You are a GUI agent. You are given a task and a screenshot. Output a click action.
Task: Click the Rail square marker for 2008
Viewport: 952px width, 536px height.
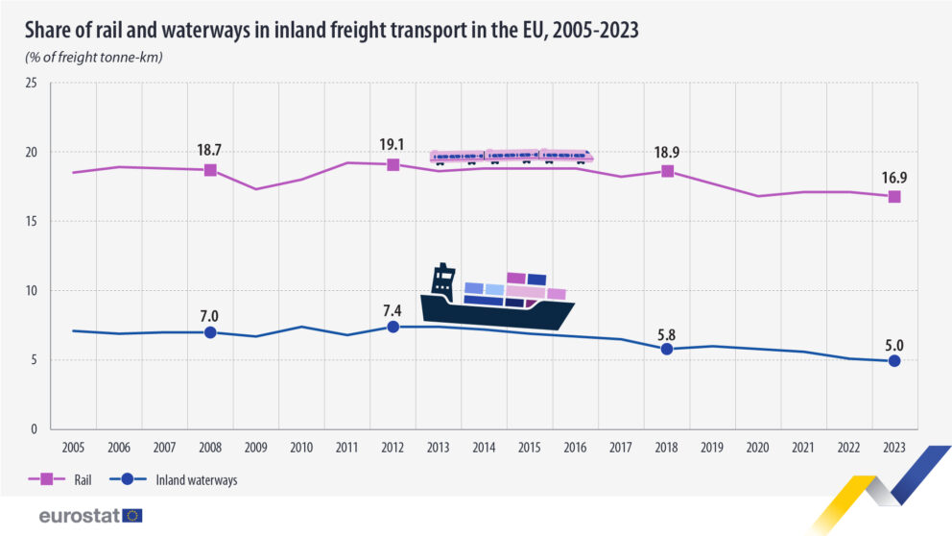click(210, 170)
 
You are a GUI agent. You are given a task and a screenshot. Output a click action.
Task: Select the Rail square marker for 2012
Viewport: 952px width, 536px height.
click(393, 165)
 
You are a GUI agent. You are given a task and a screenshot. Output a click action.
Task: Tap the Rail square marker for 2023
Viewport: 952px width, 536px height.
click(894, 196)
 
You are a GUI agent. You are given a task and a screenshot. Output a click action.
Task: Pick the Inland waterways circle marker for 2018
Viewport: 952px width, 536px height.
click(667, 349)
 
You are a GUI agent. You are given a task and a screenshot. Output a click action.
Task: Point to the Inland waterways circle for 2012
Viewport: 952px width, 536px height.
click(393, 327)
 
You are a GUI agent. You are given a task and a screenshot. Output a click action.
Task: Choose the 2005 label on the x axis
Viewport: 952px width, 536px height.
click(73, 448)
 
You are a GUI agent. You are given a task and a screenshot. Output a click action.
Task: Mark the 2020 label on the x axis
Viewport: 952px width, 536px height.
click(757, 448)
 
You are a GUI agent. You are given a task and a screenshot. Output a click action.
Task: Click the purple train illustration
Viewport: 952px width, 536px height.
click(511, 157)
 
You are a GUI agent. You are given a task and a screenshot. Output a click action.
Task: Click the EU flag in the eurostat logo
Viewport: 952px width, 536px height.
click(132, 516)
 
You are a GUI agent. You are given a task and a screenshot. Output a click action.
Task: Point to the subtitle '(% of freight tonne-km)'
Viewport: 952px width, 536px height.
click(94, 57)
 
